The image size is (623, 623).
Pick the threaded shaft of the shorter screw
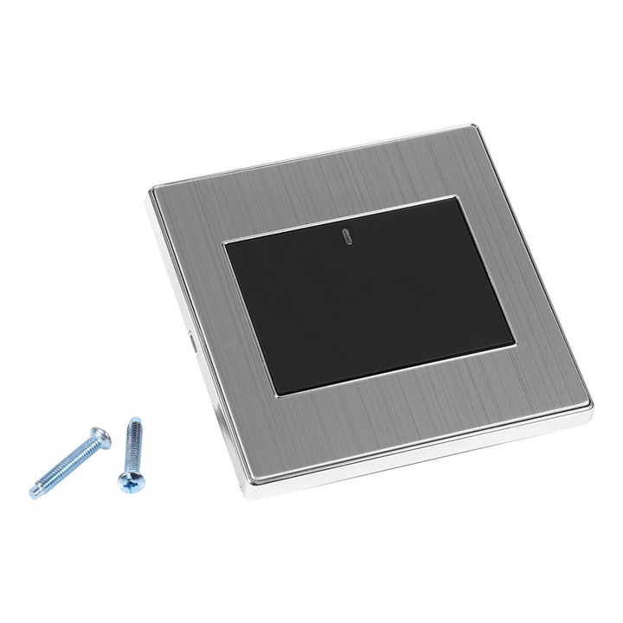(x=130, y=446)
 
